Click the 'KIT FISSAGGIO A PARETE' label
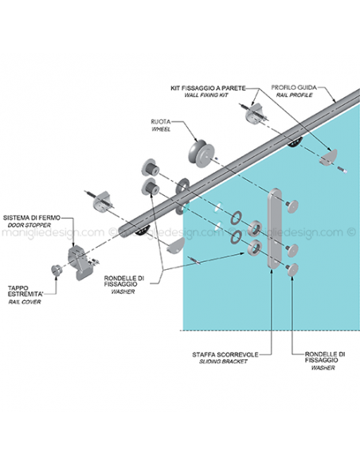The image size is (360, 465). tap(208, 88)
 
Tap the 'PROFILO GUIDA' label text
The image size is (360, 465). tap(294, 88)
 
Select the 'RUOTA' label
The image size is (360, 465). tap(161, 122)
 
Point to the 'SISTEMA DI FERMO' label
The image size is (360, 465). tap(32, 217)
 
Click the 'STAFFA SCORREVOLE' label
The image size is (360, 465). tap(225, 354)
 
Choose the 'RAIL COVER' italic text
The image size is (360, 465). tap(25, 302)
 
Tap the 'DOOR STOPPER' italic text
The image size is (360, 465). tap(29, 225)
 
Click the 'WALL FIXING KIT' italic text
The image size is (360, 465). tap(206, 96)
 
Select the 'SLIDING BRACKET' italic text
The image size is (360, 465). tap(223, 361)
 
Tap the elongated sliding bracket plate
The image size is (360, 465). tap(275, 228)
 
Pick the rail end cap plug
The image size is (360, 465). tap(57, 270)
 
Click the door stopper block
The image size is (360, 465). tap(80, 263)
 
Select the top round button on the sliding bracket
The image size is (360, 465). tap(292, 205)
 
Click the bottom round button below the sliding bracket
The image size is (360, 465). tap(292, 270)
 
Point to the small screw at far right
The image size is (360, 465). tap(342, 170)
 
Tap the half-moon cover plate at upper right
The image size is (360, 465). tap(328, 157)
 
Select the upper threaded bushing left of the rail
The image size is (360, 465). tap(151, 167)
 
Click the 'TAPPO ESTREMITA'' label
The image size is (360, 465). tap(25, 291)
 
